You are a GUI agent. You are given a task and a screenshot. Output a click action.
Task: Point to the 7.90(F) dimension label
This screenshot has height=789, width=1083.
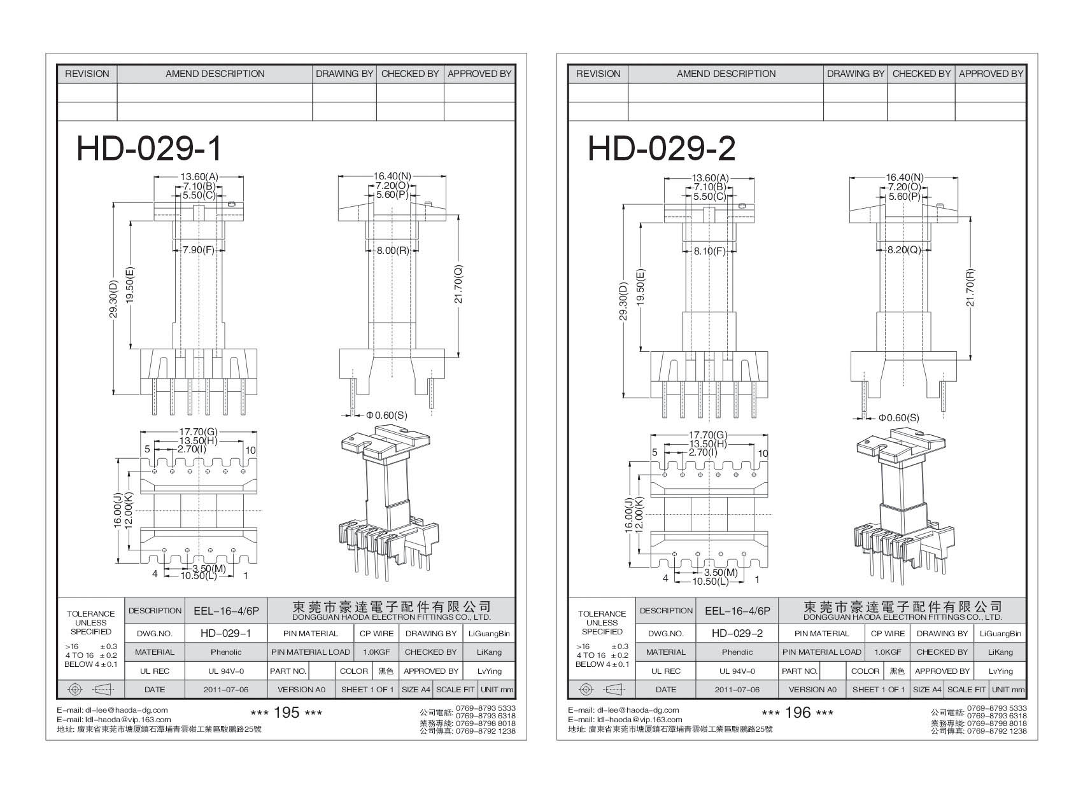[x=198, y=250]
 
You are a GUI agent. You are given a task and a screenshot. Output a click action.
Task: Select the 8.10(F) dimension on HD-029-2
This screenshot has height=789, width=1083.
[x=710, y=251]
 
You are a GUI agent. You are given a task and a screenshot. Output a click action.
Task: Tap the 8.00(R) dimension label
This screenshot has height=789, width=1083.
[x=393, y=250]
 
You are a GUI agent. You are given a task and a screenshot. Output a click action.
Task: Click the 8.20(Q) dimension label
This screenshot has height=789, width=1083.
[x=904, y=250]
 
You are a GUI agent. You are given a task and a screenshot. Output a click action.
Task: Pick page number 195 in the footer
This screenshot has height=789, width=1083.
[x=287, y=713]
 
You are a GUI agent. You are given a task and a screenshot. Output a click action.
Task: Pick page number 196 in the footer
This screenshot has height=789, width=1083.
[x=798, y=713]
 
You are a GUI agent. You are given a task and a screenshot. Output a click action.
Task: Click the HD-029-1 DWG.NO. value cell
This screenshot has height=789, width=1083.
[x=226, y=633]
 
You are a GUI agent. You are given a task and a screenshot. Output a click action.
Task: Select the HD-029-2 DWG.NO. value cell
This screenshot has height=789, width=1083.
[x=737, y=633]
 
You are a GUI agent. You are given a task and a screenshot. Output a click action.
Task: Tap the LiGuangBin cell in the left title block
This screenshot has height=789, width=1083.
[x=489, y=633]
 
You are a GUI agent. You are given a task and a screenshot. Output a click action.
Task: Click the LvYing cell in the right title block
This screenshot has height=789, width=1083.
[x=1000, y=671]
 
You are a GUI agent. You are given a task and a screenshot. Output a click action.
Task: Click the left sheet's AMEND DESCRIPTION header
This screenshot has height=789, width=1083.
[x=215, y=74]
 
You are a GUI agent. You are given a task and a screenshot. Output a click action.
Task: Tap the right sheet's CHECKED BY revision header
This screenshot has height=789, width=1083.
[x=921, y=74]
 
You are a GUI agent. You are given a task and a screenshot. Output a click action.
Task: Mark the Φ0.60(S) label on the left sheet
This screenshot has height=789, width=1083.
[x=386, y=415]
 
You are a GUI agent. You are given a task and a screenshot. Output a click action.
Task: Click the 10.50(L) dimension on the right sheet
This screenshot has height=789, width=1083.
[x=711, y=581]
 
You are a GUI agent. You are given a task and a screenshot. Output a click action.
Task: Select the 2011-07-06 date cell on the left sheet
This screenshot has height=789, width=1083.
[x=226, y=690]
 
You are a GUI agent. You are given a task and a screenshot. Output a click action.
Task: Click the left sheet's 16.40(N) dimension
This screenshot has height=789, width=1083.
[x=392, y=177]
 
